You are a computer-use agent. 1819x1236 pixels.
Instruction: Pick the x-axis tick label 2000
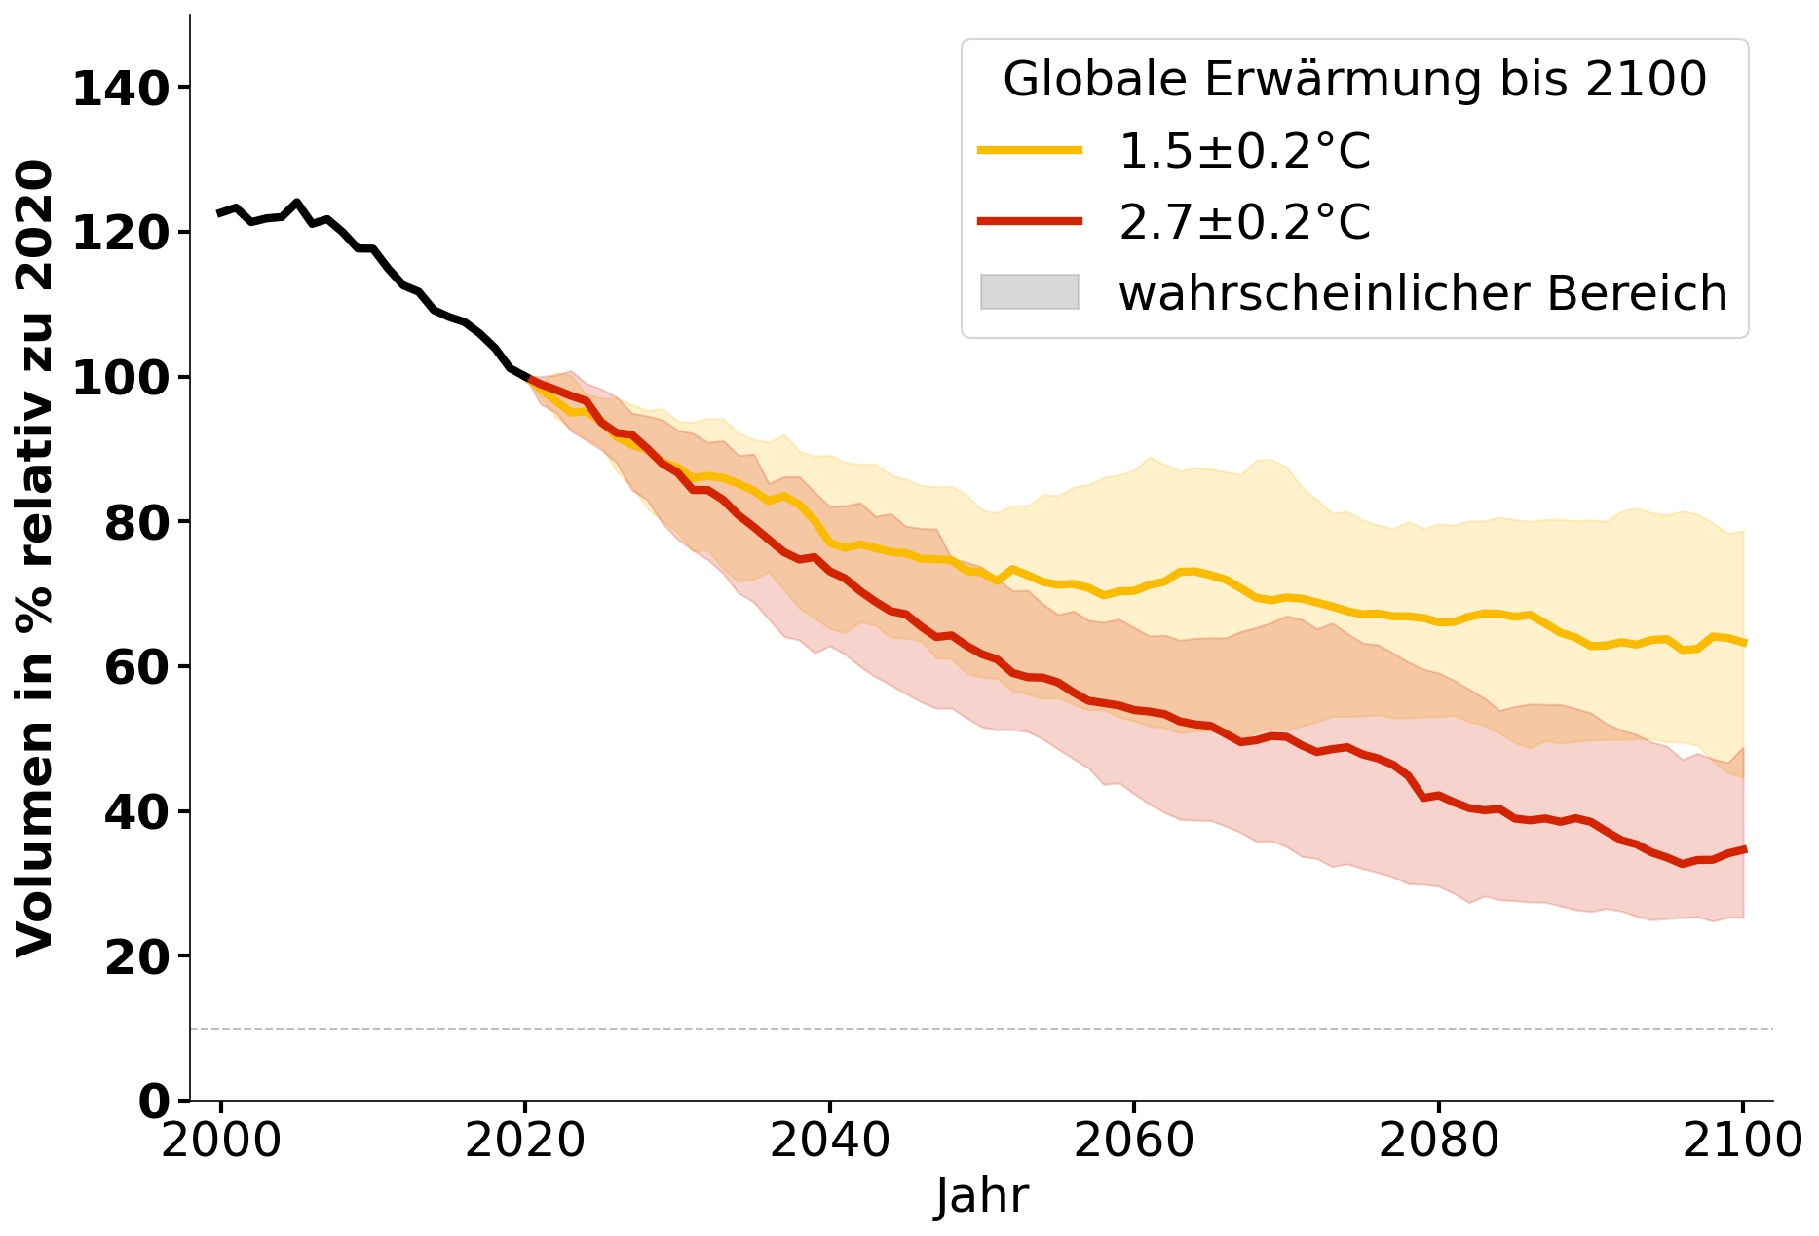click(x=221, y=1141)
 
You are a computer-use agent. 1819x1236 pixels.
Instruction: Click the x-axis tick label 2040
click(x=829, y=1141)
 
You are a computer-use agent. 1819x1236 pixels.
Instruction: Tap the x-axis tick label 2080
click(x=1438, y=1141)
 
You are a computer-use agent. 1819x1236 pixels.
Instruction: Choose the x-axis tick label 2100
click(x=1742, y=1141)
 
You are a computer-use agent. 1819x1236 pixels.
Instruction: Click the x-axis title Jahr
click(x=981, y=1195)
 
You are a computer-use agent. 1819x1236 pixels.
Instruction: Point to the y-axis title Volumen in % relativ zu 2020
click(x=35, y=558)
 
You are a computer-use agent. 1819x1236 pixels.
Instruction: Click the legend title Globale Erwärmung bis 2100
click(x=1354, y=79)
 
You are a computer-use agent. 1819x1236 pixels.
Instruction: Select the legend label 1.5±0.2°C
click(x=1244, y=151)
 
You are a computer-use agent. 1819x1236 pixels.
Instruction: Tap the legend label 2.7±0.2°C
click(x=1244, y=222)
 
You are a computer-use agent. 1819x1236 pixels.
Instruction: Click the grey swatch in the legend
click(x=1030, y=292)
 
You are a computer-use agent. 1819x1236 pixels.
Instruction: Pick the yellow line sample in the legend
click(x=1030, y=150)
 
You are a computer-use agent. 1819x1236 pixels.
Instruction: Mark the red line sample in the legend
click(x=1030, y=221)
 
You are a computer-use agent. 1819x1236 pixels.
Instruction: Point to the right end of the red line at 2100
click(x=1744, y=849)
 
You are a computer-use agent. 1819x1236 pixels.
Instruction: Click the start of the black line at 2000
click(x=220, y=213)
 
